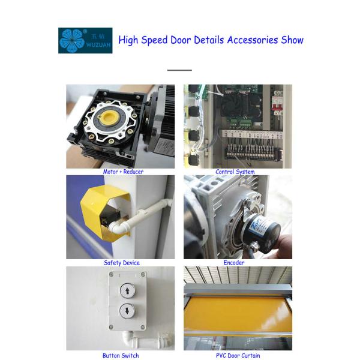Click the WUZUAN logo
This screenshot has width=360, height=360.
click(x=85, y=41)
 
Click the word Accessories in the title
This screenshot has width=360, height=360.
click(x=253, y=40)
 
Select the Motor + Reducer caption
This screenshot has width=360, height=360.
click(x=123, y=172)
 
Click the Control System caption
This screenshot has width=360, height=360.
click(x=235, y=172)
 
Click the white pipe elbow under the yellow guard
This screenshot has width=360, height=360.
click(x=116, y=226)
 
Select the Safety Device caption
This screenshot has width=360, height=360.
click(x=121, y=263)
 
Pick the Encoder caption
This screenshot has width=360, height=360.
click(x=234, y=263)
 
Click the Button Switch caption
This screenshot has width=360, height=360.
click(x=121, y=356)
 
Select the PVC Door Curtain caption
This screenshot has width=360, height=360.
click(x=238, y=356)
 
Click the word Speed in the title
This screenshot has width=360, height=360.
click(x=154, y=40)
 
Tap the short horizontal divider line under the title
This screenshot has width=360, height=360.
click(x=179, y=70)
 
